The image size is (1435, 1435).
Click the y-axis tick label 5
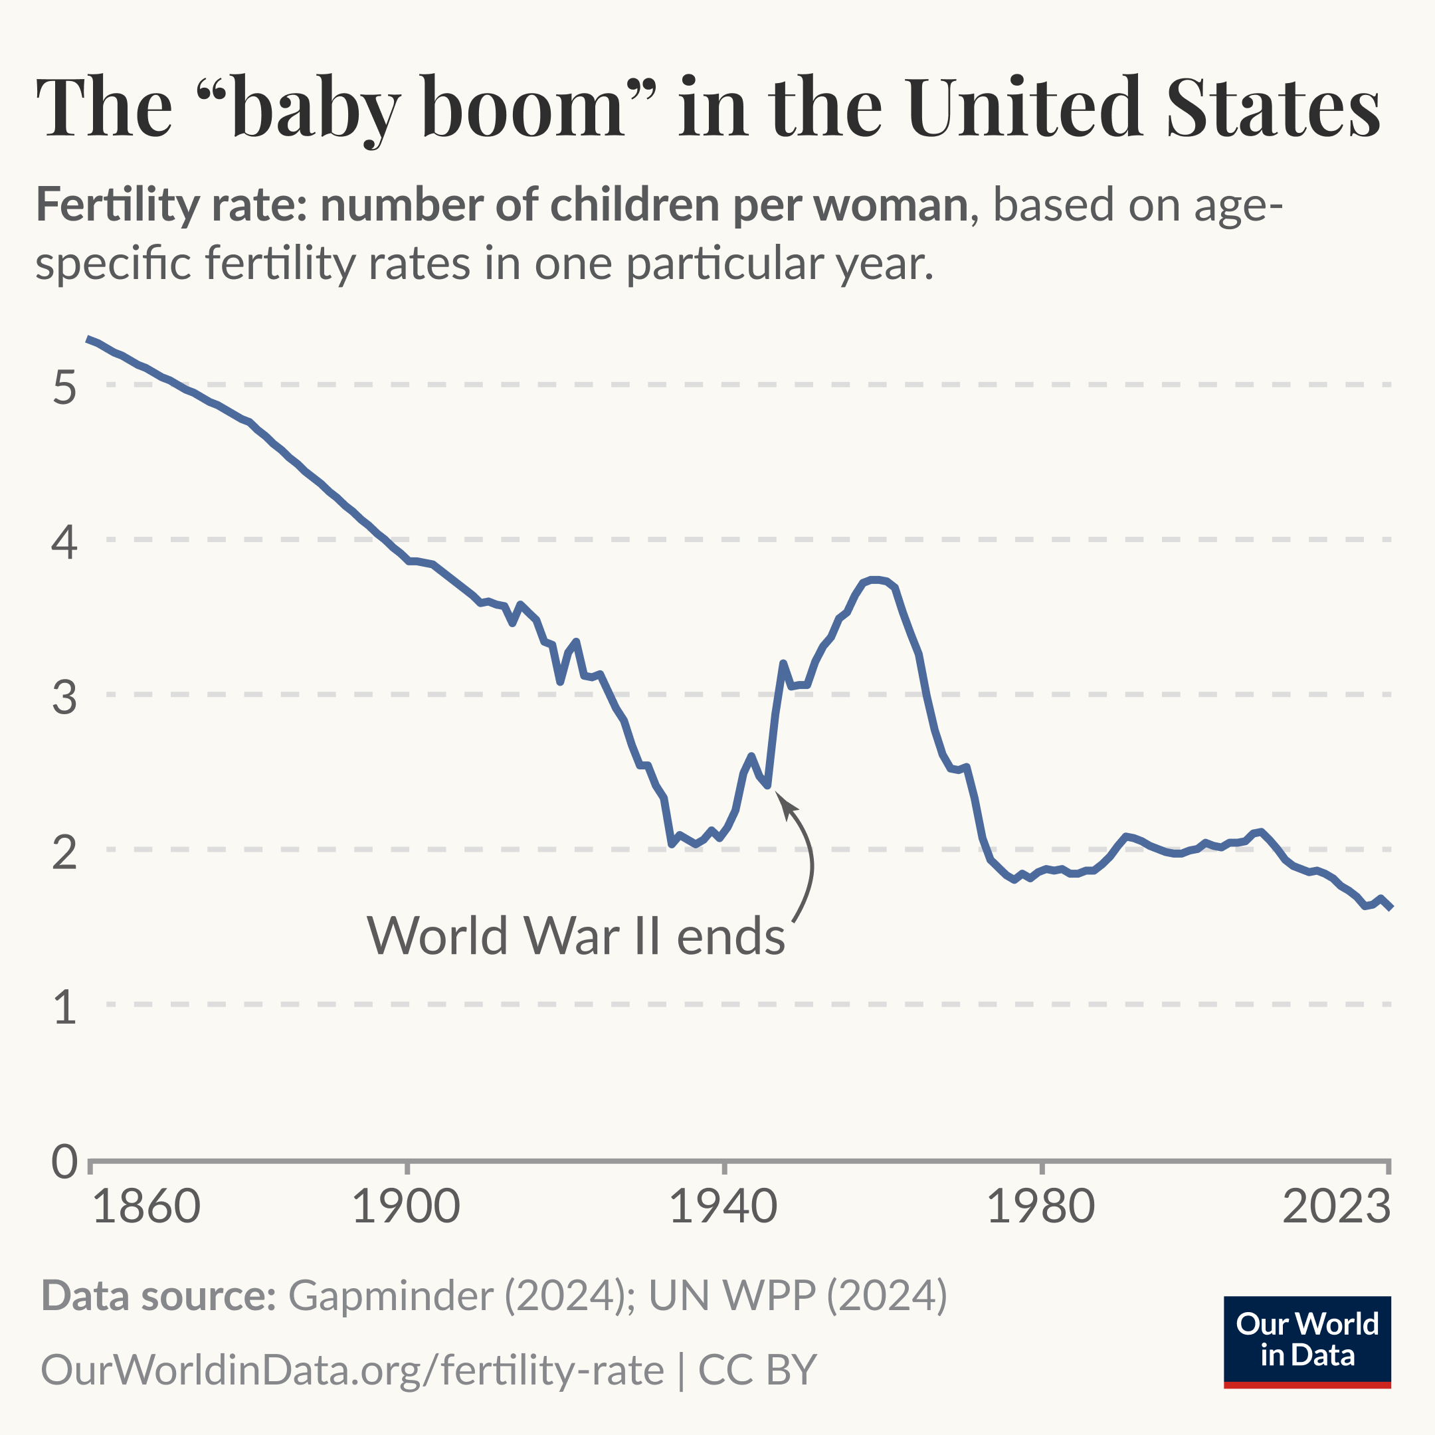pos(64,388)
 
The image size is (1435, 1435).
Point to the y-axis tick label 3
pos(64,698)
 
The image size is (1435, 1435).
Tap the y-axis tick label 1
pos(64,1007)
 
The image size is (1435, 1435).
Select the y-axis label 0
pos(64,1163)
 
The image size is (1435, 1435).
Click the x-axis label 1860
pos(146,1207)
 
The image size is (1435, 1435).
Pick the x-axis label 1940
pos(723,1207)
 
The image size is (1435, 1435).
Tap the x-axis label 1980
pos(1040,1207)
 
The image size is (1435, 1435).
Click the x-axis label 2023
pos(1336,1207)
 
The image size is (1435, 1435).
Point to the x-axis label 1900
pos(405,1207)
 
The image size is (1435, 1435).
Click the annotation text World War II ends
pos(575,936)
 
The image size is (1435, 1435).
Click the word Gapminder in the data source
pos(390,1296)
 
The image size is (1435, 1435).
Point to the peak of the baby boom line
pos(876,579)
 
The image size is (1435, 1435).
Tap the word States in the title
pos(1273,108)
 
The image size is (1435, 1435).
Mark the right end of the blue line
pos(1390,907)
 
